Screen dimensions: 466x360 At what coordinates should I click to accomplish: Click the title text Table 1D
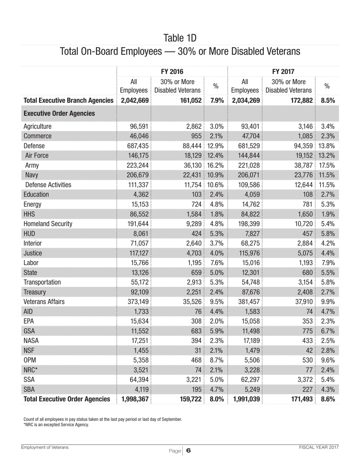click(x=180, y=38)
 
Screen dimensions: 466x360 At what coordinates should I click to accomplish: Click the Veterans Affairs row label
click(x=44, y=302)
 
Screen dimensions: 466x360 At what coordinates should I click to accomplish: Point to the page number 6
click(x=188, y=451)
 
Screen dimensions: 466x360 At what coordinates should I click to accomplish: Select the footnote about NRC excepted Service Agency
click(x=56, y=425)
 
